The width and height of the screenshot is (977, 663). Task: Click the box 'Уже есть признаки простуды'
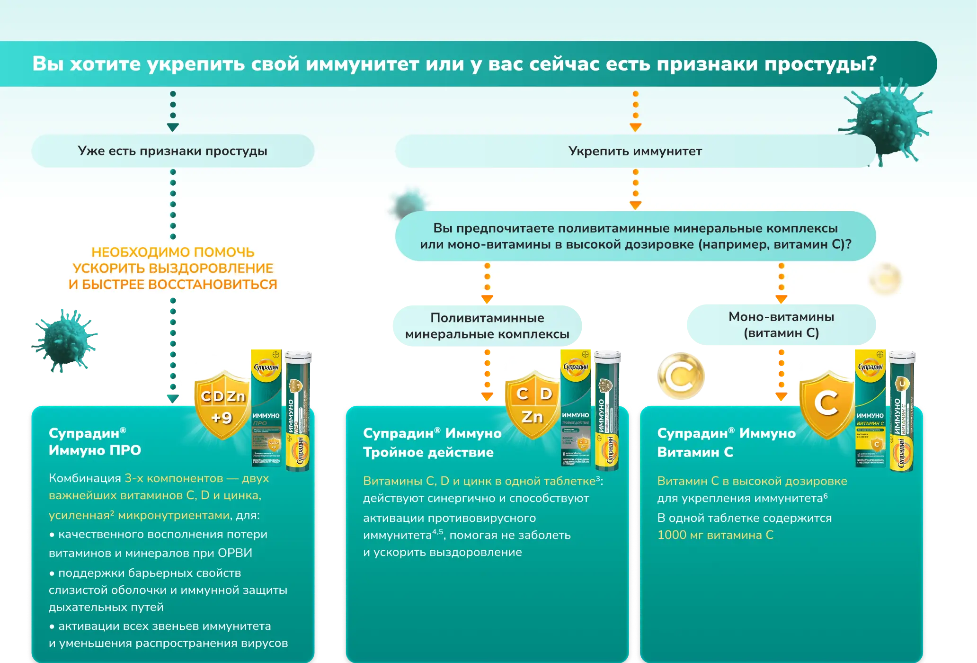click(173, 151)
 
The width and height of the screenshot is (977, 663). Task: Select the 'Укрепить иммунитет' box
click(635, 151)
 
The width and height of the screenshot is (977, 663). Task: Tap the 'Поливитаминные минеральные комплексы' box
click(487, 326)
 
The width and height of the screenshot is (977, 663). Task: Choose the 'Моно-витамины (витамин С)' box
click(781, 325)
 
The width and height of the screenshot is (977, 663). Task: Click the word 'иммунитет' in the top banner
click(362, 64)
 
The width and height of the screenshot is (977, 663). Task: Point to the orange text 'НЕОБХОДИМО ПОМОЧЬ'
click(173, 252)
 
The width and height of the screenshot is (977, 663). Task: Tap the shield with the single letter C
click(826, 404)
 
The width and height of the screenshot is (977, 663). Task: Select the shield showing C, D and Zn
click(533, 405)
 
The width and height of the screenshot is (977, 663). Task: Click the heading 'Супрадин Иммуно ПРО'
click(95, 441)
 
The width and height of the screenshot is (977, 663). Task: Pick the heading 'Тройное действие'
click(428, 452)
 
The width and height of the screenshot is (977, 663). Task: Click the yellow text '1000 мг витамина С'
click(715, 535)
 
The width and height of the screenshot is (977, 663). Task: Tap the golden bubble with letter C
click(680, 376)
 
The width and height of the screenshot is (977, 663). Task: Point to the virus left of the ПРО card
click(65, 340)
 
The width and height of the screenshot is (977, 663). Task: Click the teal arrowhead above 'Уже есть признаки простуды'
click(173, 127)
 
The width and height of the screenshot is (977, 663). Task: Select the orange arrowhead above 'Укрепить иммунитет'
click(635, 127)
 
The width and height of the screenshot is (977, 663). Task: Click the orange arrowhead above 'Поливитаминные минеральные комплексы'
click(487, 299)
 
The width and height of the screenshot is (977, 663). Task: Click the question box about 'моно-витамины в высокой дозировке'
click(635, 236)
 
